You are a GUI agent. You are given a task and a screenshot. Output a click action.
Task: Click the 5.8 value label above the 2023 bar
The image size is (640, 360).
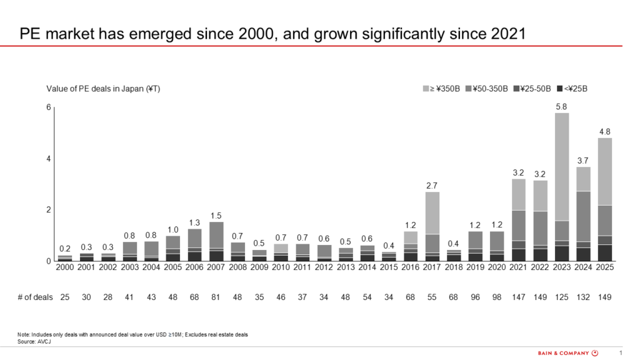tap(561, 107)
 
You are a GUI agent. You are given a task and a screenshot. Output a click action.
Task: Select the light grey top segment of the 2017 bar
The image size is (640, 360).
tap(432, 213)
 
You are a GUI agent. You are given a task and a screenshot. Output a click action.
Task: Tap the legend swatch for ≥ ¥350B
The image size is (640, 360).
tap(426, 89)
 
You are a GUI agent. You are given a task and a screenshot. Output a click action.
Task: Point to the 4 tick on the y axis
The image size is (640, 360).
tap(49, 159)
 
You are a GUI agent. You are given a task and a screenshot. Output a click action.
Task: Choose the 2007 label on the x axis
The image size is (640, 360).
tap(216, 267)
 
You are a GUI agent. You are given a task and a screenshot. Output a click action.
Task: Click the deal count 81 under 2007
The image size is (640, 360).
tap(216, 297)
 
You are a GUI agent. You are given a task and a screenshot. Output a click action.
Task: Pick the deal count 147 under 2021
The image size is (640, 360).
tap(518, 297)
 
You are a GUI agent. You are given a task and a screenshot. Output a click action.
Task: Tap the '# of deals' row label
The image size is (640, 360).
tap(35, 297)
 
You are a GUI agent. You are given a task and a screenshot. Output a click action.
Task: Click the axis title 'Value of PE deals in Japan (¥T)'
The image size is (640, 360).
tap(103, 89)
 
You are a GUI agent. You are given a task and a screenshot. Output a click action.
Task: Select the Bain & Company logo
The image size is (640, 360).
tap(568, 353)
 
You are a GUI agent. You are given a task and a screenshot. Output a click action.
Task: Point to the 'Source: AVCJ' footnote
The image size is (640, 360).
tap(34, 342)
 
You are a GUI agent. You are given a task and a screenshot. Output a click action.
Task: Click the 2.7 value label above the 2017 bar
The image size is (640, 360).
tap(432, 186)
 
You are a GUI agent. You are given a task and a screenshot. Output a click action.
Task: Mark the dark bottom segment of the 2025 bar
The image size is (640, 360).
tap(605, 252)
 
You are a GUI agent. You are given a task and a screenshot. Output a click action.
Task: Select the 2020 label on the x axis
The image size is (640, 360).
tap(497, 267)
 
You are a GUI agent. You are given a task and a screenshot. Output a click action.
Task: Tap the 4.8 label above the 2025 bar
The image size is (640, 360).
tap(605, 132)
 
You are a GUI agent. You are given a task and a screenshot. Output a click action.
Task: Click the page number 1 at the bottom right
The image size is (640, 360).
tap(621, 353)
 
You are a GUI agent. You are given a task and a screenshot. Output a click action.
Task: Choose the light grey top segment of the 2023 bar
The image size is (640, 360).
tap(562, 167)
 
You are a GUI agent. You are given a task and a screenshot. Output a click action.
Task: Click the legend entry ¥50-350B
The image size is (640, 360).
tap(487, 89)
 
